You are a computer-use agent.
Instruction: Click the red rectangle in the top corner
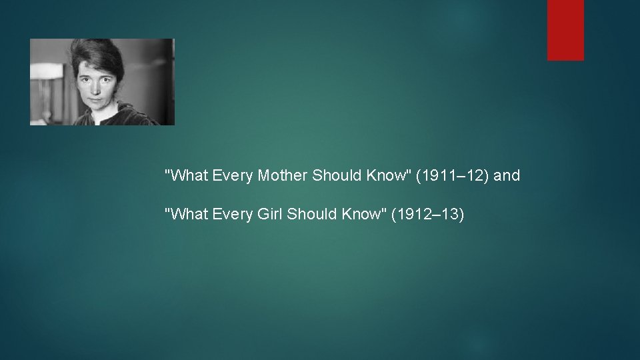click(565, 30)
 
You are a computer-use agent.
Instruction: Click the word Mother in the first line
click(285, 176)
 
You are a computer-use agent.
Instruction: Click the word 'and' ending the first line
click(507, 176)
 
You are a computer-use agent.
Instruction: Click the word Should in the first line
click(337, 176)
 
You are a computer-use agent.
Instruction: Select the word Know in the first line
click(382, 176)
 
